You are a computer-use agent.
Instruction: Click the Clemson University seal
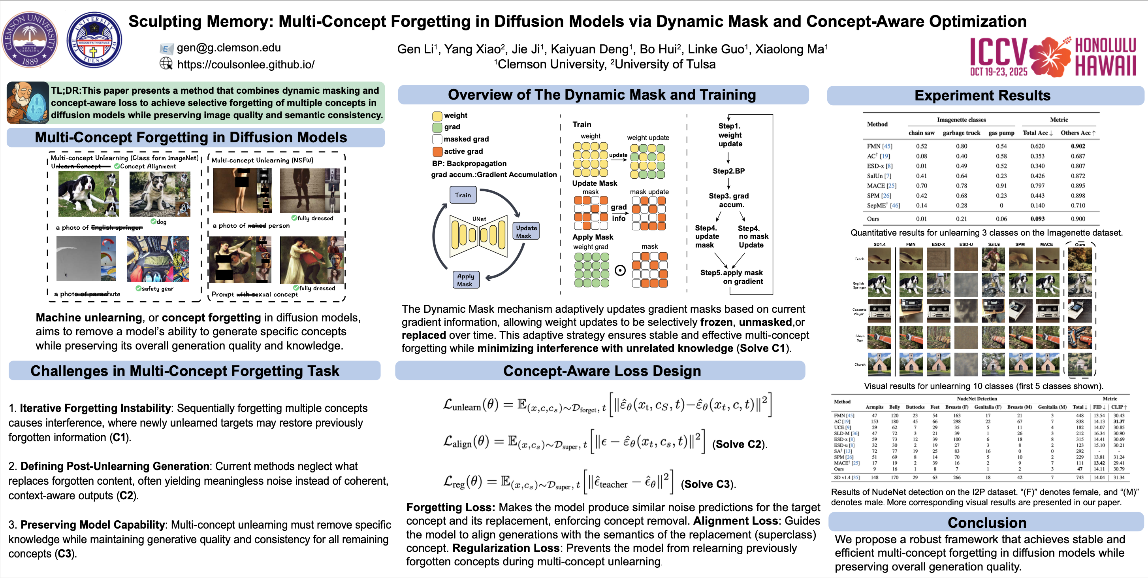click(x=30, y=40)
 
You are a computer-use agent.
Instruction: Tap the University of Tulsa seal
click(x=94, y=40)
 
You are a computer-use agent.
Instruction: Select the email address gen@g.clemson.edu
click(x=229, y=48)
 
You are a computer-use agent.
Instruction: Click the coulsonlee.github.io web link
click(x=246, y=65)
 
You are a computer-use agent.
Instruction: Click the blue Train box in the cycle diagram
click(x=463, y=195)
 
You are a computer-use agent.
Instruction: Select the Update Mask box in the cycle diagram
click(x=526, y=231)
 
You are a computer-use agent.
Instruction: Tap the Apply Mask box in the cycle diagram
click(x=465, y=280)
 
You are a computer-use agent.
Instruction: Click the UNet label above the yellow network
click(x=479, y=219)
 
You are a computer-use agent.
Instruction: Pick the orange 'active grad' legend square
click(x=438, y=151)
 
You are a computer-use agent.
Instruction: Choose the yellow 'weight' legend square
click(x=437, y=115)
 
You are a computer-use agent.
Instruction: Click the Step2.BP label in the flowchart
click(x=728, y=171)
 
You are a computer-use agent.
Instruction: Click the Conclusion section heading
click(x=987, y=522)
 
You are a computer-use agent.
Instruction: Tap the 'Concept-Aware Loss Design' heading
click(x=602, y=371)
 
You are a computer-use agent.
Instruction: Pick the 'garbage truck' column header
click(x=961, y=133)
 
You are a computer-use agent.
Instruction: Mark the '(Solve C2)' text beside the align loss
click(x=740, y=444)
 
